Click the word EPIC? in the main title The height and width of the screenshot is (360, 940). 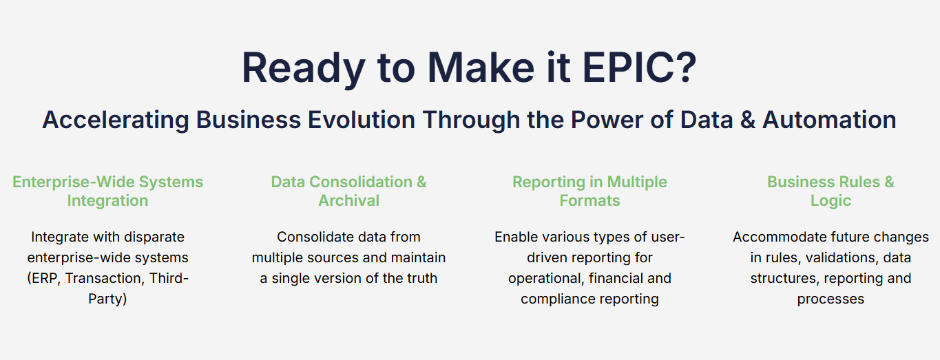point(640,67)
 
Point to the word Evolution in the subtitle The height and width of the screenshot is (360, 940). point(362,120)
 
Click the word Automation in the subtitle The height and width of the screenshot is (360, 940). point(829,120)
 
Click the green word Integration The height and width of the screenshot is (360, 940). point(108,201)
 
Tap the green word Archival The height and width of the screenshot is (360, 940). point(348,200)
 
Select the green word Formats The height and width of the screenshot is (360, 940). point(589,200)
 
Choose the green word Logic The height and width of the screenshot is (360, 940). point(831,201)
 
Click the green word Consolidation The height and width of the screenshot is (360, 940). point(361,182)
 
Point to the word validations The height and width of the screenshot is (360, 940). point(842,257)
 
